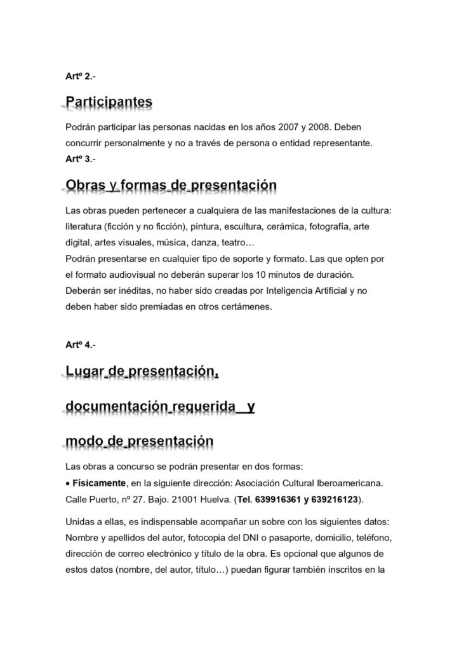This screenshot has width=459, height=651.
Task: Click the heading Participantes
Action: click(x=109, y=102)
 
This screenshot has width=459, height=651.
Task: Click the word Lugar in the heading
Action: click(x=85, y=371)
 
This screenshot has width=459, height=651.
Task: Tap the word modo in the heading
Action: click(x=85, y=441)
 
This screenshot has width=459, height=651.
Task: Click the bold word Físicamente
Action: click(x=99, y=482)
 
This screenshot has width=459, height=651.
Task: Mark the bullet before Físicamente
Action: click(x=68, y=482)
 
